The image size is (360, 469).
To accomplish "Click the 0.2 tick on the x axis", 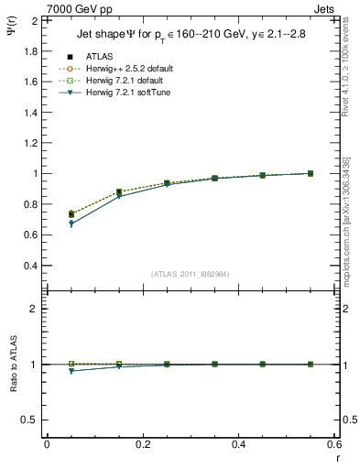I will [143, 444].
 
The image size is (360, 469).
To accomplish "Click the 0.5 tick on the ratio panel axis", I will [31, 420].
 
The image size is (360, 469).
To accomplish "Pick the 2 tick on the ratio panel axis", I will [35, 310].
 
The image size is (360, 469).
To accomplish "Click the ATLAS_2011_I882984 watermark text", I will [190, 274].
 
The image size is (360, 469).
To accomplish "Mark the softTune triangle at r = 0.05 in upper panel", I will [71, 224].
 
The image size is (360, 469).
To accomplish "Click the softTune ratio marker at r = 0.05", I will [71, 371].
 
